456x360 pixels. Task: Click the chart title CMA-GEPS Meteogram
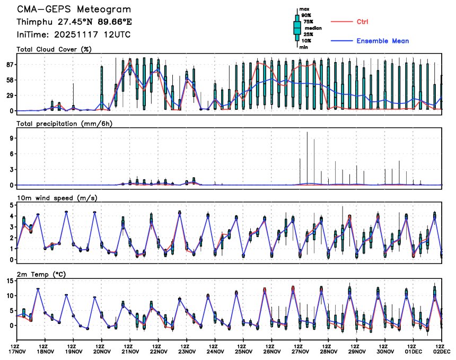tap(74, 10)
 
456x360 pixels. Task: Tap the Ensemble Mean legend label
tap(382, 41)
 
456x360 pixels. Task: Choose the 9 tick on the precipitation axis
tap(11, 138)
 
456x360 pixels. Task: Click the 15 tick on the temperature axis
tap(9, 281)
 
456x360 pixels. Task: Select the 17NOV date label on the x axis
tap(17, 351)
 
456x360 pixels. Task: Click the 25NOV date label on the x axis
tap(244, 351)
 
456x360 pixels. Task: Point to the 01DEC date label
tap(414, 351)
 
